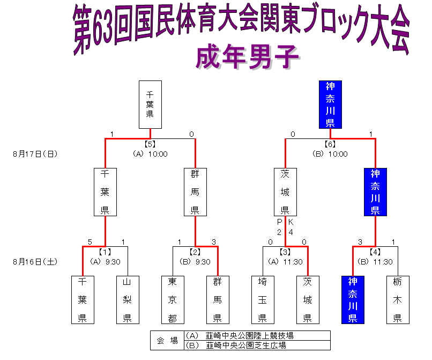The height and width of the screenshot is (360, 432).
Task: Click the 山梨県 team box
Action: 128,299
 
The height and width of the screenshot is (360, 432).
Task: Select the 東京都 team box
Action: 173,299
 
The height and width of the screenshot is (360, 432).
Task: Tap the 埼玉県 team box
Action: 263,299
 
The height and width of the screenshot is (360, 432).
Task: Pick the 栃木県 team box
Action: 398,299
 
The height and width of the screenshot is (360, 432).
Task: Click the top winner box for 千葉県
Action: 150,104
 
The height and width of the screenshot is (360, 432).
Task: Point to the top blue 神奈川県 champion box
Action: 330,104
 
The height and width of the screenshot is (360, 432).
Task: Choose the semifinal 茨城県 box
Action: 285,192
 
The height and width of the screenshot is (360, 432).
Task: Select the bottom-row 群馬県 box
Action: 218,299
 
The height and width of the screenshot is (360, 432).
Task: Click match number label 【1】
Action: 105,251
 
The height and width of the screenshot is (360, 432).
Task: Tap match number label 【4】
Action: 375,251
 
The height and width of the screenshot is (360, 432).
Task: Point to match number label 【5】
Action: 150,144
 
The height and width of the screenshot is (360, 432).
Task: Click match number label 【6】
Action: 330,144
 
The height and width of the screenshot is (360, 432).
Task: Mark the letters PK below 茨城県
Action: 285,222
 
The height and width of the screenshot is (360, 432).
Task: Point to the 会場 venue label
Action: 167,340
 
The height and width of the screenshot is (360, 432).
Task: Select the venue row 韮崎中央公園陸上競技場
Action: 256,335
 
